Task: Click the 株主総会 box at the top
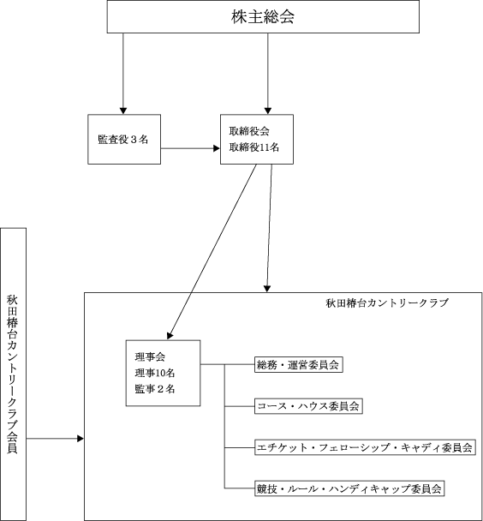point(263,16)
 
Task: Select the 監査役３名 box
point(124,139)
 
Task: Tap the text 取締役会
point(249,131)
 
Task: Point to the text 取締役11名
point(254,147)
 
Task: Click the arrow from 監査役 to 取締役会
point(190,148)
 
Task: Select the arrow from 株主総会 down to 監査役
point(123,74)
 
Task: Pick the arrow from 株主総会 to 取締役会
point(268,74)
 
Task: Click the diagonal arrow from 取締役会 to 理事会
point(212,252)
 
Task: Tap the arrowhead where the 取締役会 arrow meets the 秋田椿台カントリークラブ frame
point(267,289)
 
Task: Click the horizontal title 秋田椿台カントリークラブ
point(387,302)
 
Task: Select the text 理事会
point(150,356)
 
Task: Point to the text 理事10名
point(155,373)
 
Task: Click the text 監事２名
point(155,389)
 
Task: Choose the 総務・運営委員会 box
point(298,365)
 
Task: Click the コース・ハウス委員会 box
point(308,406)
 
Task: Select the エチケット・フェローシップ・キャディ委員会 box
point(365,447)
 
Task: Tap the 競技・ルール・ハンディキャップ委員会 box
point(349,488)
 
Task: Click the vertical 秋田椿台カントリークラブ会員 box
point(13,374)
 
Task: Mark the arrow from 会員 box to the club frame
point(55,439)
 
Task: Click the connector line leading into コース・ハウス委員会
point(240,406)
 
